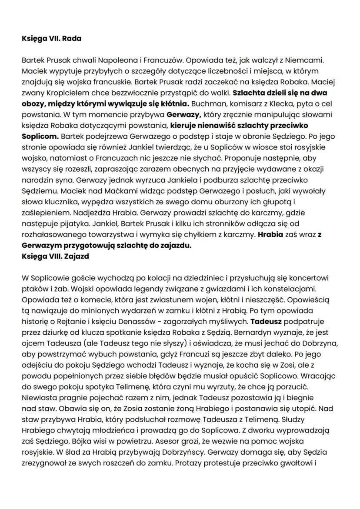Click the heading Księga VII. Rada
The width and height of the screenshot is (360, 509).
click(51, 39)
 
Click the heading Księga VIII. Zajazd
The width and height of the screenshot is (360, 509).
click(55, 256)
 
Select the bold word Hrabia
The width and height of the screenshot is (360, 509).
click(271, 234)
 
